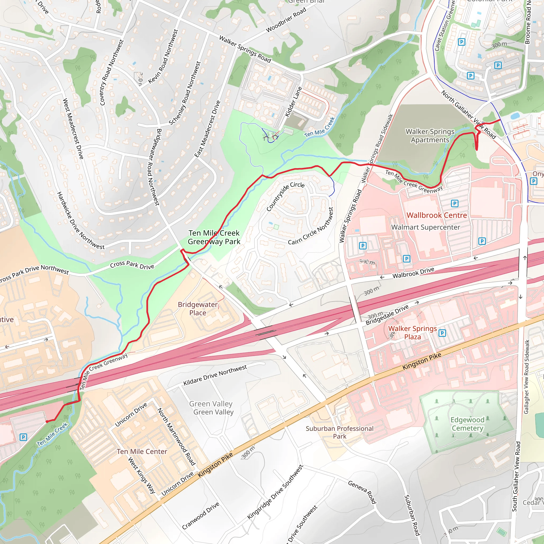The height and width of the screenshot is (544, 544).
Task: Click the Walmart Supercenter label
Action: click(x=426, y=227)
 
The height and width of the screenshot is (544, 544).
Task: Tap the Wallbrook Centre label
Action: click(x=437, y=215)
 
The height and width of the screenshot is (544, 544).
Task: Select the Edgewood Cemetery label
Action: click(x=467, y=424)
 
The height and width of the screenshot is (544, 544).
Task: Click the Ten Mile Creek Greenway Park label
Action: click(x=214, y=237)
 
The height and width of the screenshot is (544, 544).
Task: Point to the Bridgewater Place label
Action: click(x=198, y=309)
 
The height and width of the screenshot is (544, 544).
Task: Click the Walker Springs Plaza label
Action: click(x=413, y=333)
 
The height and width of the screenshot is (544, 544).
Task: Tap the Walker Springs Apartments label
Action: click(x=430, y=136)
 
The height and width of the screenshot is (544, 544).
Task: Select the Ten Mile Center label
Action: click(x=142, y=451)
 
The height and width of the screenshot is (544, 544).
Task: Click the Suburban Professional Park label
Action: click(x=339, y=432)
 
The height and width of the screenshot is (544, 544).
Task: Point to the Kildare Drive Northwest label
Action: click(x=215, y=375)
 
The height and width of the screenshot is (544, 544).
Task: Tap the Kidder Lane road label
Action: click(x=293, y=102)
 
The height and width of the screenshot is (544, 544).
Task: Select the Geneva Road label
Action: click(x=362, y=492)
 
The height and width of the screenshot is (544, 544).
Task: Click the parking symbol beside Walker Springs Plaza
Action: click(x=442, y=333)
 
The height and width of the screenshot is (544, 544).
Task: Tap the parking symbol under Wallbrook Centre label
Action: click(x=454, y=203)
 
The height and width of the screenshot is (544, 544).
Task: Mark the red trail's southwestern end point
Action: click(x=47, y=422)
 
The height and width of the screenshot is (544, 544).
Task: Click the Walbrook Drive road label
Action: click(x=413, y=273)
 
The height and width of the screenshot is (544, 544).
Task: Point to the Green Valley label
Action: click(x=211, y=408)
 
